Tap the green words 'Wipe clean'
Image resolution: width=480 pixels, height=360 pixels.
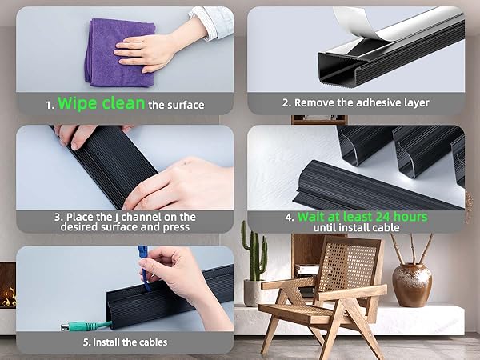pos(100,104)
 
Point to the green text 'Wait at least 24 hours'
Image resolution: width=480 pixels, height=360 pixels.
pos(362,217)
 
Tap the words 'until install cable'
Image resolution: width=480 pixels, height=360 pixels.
pos(356,227)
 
